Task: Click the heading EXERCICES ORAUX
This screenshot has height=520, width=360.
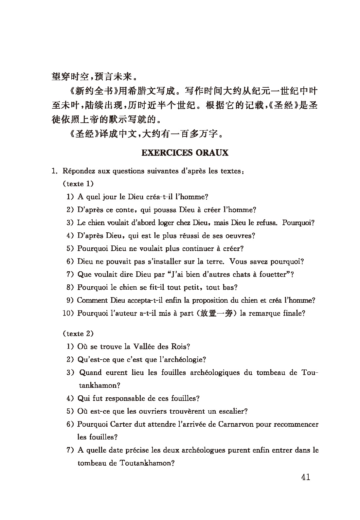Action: tap(185, 153)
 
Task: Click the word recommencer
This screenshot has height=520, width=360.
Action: tap(296, 424)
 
